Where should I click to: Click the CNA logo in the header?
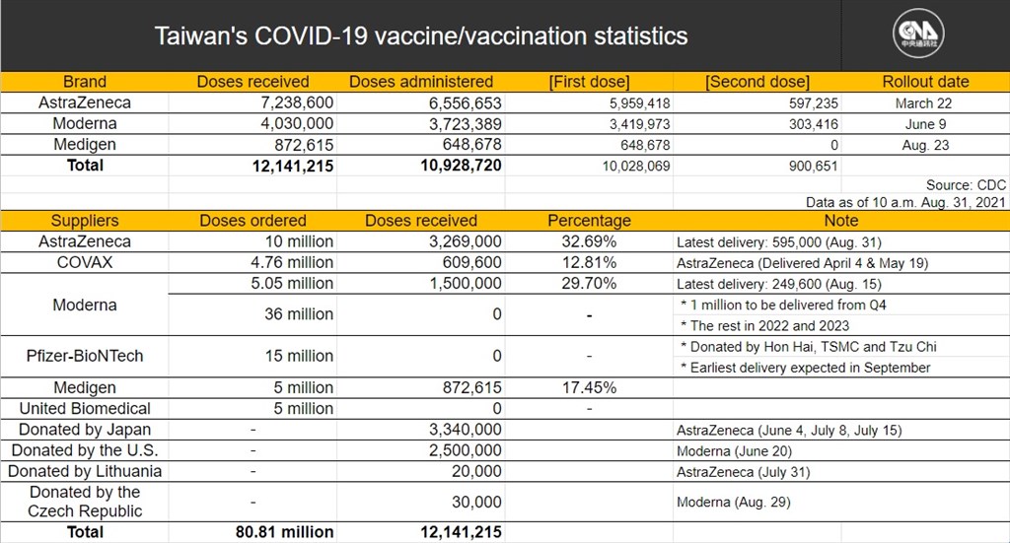coord(918,34)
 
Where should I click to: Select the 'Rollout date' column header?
coord(925,82)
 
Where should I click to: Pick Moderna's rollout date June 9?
coord(925,124)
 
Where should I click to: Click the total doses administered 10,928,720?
coord(462,166)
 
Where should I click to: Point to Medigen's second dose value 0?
coord(834,145)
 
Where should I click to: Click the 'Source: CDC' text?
coord(966,185)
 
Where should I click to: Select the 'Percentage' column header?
coord(590,221)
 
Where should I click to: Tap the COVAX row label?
coord(85,262)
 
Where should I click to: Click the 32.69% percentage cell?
coord(589,241)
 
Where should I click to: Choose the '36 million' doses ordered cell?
coord(299,314)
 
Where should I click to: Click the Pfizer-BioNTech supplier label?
coord(85,356)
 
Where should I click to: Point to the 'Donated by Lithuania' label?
coord(85,471)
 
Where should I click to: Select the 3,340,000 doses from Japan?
coord(466,430)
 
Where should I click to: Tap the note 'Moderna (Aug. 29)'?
coord(733,502)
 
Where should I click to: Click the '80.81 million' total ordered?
coord(285,532)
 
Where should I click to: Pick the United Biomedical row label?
coord(85,409)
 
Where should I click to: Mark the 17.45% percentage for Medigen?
coord(589,387)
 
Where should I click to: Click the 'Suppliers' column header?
coord(85,221)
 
